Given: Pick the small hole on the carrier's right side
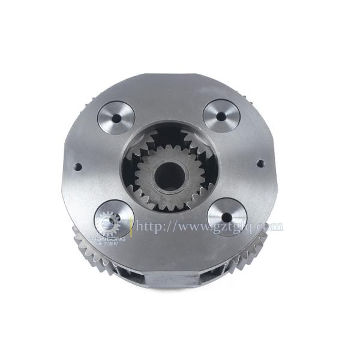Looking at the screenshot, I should [260, 163].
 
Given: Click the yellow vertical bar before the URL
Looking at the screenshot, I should [131, 227].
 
